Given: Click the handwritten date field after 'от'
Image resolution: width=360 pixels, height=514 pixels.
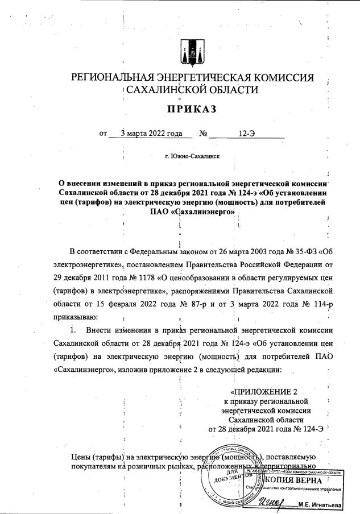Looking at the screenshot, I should point(147,134).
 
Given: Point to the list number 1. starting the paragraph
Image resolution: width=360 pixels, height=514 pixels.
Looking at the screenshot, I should point(73,330).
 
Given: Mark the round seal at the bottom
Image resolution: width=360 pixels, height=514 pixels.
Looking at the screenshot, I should point(225,488).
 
